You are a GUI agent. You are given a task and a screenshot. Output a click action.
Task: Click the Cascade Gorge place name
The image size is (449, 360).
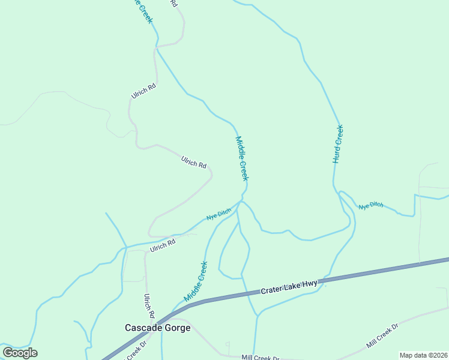157,328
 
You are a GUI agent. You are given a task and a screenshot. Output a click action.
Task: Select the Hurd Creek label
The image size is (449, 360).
338,145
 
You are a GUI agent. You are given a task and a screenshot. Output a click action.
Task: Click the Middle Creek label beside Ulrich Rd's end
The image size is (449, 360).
242,158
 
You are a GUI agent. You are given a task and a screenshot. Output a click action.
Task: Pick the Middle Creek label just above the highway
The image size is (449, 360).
196,281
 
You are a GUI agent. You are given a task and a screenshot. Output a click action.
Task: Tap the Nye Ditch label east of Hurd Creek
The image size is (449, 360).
371,206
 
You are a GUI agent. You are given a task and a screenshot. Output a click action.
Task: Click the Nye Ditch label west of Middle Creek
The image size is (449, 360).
218,214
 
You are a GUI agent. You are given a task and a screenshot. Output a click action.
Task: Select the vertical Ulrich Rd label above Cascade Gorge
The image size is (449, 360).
149,306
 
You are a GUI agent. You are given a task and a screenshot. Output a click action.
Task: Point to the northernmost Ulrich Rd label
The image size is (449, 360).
144,91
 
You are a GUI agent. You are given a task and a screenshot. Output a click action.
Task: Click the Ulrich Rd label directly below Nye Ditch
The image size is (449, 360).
163,245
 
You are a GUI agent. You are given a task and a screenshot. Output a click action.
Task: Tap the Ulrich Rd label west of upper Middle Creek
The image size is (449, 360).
193,162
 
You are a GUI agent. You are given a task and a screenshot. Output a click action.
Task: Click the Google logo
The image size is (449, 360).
20,353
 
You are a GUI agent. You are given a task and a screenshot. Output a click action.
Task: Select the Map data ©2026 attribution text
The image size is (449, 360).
423,355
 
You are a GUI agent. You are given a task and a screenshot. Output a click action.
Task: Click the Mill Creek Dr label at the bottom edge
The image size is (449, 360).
260,358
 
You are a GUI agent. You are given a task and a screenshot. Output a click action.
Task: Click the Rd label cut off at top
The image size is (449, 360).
174,3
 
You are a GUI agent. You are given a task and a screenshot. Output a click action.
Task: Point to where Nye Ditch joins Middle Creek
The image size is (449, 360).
241,202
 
